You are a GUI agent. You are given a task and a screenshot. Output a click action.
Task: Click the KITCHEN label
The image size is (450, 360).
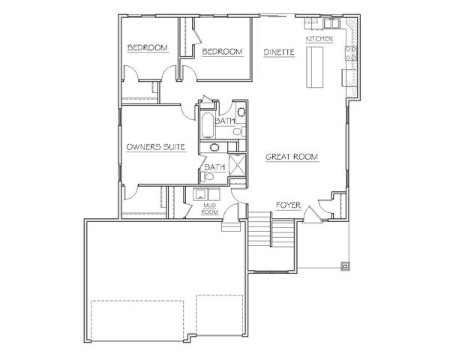[x=319, y=38]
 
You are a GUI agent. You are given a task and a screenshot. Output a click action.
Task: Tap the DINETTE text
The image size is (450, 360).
[x=279, y=52]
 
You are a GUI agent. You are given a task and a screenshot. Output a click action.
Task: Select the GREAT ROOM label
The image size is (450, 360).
[x=292, y=157]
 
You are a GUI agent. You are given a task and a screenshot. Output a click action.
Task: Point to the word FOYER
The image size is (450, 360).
[x=289, y=205]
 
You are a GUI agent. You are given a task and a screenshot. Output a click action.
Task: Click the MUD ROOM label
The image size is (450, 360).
[x=210, y=208]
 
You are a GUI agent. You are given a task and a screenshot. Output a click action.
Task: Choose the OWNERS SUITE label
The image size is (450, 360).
[x=155, y=147]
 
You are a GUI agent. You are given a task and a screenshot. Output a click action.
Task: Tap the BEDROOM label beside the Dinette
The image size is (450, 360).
[x=223, y=52]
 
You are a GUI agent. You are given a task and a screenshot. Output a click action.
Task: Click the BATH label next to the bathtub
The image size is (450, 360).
[x=225, y=121]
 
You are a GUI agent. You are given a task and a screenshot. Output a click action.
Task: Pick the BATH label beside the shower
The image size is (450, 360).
[x=214, y=167]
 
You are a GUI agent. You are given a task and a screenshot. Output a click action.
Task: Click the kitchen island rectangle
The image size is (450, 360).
[x=315, y=67]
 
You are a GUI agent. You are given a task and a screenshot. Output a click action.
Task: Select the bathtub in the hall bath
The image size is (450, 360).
[x=207, y=125]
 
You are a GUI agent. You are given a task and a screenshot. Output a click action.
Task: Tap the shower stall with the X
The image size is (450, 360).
[x=237, y=165]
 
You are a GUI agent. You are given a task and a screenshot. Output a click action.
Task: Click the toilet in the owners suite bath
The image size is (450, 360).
[x=207, y=176]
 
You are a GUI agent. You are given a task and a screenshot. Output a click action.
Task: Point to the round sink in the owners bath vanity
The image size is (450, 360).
[x=214, y=147]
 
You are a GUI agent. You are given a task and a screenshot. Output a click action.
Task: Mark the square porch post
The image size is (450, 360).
[x=345, y=266]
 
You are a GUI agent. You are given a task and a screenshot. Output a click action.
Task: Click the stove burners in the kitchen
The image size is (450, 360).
[x=350, y=53]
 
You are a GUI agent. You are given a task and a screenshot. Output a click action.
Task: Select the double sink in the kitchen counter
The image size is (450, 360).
[x=331, y=22]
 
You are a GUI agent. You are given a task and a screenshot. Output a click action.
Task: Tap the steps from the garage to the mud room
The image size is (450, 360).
[x=231, y=226]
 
